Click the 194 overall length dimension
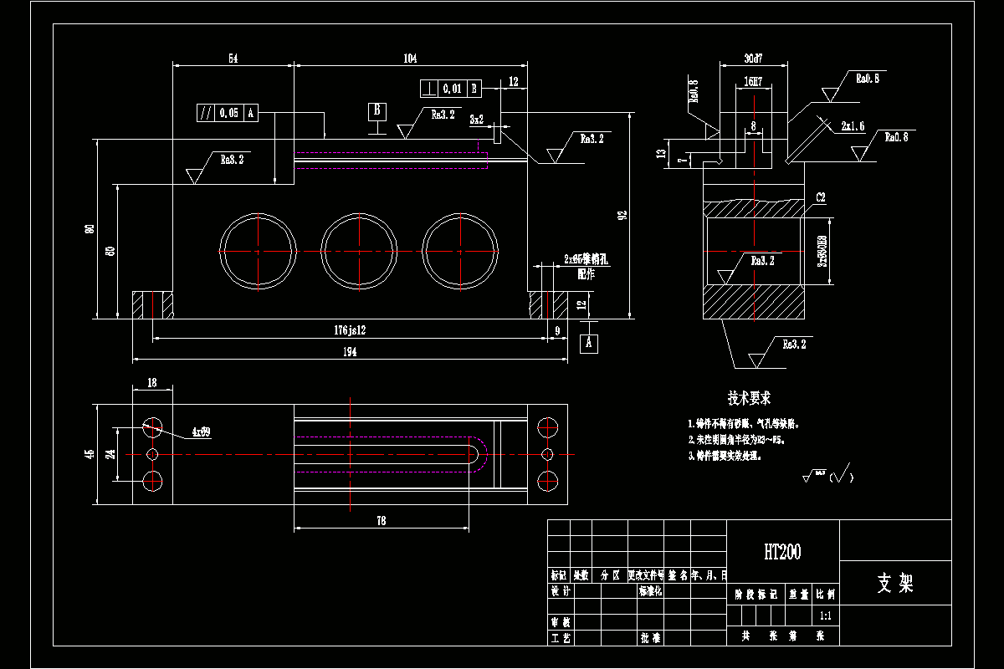pyautogui.click(x=350, y=353)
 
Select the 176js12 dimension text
pyautogui.click(x=350, y=331)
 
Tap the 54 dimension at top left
pyautogui.click(x=233, y=59)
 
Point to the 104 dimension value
pyautogui.click(x=410, y=59)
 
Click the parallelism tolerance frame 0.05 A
pyautogui.click(x=227, y=113)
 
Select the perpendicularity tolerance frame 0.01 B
pyautogui.click(x=450, y=88)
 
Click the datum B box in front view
pyautogui.click(x=377, y=110)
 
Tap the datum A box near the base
pyautogui.click(x=589, y=342)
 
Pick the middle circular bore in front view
pyautogui.click(x=359, y=251)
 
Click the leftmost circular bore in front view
pyautogui.click(x=258, y=251)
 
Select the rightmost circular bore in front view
pyautogui.click(x=460, y=251)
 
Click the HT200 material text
pyautogui.click(x=782, y=552)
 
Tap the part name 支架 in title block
pyautogui.click(x=895, y=583)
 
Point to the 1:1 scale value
pyautogui.click(x=825, y=615)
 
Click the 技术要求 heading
pyautogui.click(x=749, y=398)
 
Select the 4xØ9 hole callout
pyautogui.click(x=201, y=432)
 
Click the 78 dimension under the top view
pyautogui.click(x=381, y=520)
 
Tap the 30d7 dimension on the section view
pyautogui.click(x=753, y=59)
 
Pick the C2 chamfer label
pyautogui.click(x=821, y=198)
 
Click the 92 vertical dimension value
pyautogui.click(x=622, y=215)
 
